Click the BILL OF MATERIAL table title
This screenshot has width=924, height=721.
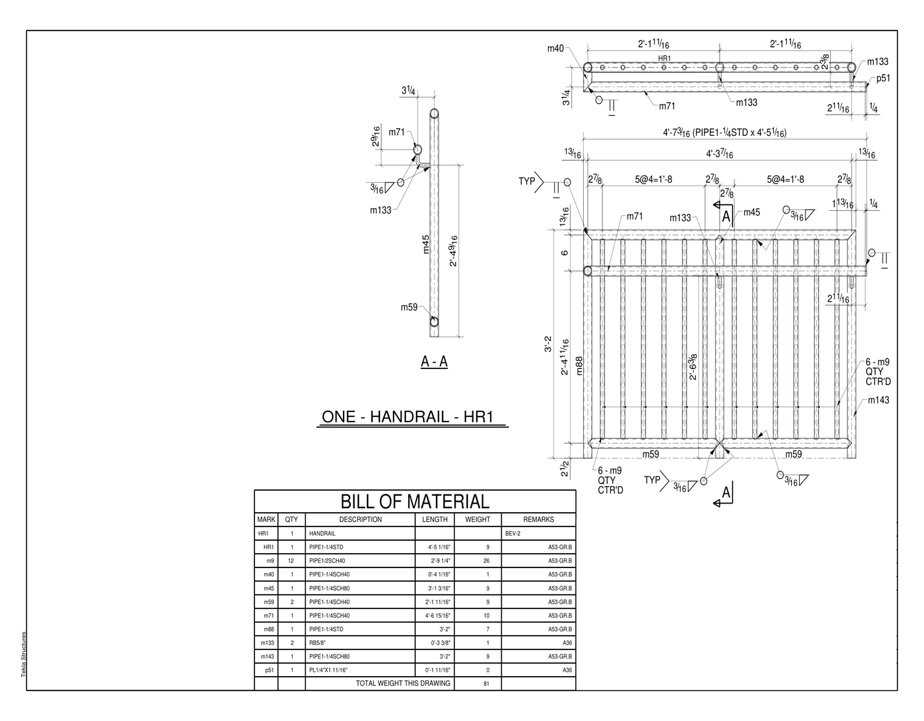[414, 502]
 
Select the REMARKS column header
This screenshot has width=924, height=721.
[538, 519]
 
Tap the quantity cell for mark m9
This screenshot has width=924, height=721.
[291, 561]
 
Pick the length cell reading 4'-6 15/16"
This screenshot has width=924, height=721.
[439, 616]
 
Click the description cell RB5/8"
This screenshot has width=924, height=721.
[317, 643]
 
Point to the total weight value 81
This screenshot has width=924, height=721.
[486, 684]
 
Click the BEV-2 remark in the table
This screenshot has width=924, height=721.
[512, 534]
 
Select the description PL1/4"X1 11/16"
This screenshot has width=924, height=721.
[328, 670]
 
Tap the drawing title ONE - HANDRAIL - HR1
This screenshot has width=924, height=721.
[407, 416]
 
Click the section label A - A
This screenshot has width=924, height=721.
[434, 361]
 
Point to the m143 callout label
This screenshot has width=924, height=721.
[878, 400]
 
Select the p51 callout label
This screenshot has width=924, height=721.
[883, 78]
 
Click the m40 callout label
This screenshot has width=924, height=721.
[555, 48]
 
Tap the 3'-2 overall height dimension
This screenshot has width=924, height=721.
[548, 344]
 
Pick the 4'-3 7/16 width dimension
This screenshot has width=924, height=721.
[720, 153]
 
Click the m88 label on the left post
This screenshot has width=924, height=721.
[578, 366]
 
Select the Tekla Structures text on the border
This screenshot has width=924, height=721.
[23, 654]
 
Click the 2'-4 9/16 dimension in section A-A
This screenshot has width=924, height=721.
[454, 251]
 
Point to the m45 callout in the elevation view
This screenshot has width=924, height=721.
[752, 212]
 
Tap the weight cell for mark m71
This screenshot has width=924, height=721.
[486, 616]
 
